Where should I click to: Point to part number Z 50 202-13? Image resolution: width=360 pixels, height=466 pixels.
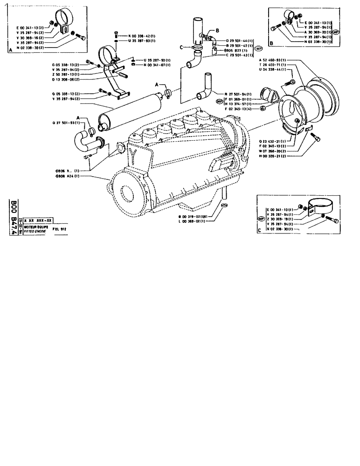click(66, 75)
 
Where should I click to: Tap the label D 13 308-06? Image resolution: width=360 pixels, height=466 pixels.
click(66, 79)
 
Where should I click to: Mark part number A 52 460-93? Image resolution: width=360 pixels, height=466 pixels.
click(271, 60)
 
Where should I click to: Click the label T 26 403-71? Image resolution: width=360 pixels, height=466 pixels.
click(271, 65)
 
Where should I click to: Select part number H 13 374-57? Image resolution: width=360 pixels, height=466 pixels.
click(239, 104)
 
